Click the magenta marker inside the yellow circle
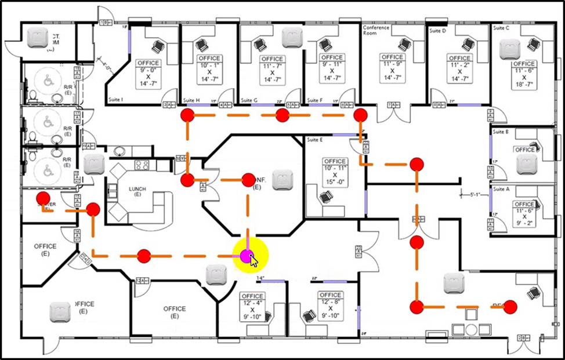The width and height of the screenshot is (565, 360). [x=247, y=256]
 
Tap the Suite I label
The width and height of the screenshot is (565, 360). [x=116, y=100]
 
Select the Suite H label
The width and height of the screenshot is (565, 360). [x=191, y=100]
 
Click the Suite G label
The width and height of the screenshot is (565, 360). [x=249, y=100]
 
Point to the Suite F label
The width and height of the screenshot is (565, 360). [x=315, y=100]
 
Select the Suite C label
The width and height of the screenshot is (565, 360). [x=501, y=27]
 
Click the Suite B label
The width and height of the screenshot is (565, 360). [x=501, y=132]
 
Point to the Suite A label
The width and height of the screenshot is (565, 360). [x=501, y=189]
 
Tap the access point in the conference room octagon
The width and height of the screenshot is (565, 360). [x=282, y=179]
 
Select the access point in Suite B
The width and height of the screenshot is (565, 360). [x=527, y=165]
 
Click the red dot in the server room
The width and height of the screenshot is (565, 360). [x=43, y=198]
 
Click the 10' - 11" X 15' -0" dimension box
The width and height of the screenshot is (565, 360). [x=335, y=172]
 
